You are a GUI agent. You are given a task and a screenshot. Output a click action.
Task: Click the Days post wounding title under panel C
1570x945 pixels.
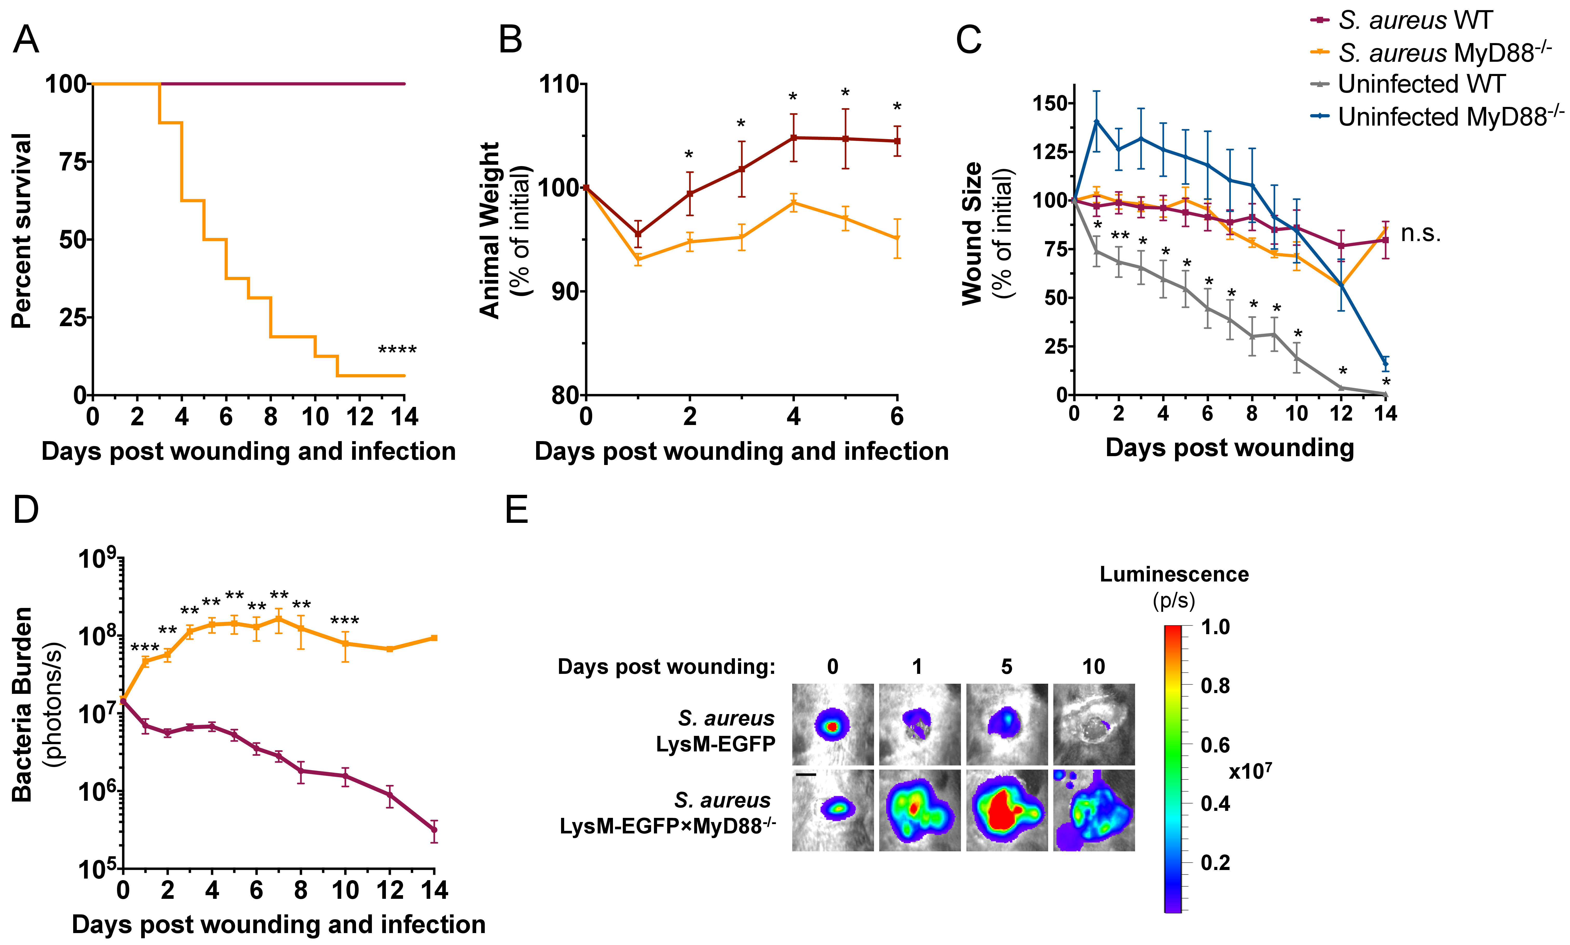click(1229, 448)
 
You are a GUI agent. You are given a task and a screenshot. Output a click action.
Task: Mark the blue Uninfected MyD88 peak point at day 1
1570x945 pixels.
click(1096, 121)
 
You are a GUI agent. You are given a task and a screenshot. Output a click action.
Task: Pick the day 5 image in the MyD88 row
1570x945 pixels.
click(1007, 810)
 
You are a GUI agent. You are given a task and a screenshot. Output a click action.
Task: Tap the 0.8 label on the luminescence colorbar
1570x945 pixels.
click(1215, 686)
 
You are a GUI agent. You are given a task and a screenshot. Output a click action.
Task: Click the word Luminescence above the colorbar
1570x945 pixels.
click(1174, 574)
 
